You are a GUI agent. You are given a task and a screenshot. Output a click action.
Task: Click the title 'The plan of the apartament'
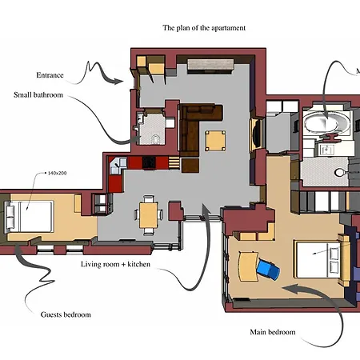(x=204, y=28)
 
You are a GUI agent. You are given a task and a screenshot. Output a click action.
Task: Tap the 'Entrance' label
(x=50, y=75)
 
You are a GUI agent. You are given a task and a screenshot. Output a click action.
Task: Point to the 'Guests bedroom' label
(x=66, y=314)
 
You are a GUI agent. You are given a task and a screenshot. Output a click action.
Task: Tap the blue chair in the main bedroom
(x=270, y=269)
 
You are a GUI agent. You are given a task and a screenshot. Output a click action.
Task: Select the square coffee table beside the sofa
(x=216, y=141)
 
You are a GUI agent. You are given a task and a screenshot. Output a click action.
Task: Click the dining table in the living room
(x=150, y=214)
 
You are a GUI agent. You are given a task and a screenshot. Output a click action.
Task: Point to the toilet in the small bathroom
(x=154, y=139)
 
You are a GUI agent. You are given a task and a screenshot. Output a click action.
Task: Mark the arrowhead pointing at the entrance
(x=120, y=79)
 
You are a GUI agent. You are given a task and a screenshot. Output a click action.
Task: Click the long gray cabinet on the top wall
(x=209, y=66)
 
